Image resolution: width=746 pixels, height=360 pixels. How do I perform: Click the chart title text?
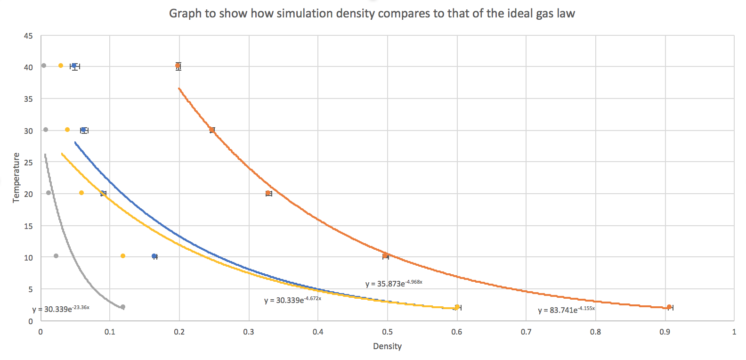coord(372,13)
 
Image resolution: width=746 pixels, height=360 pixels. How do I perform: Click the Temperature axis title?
coord(16,178)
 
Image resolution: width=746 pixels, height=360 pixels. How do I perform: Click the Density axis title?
coord(387,346)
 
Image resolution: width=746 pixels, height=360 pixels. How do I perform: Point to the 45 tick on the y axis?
coord(28,36)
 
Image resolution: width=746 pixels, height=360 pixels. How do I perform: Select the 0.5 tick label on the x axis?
coord(387,332)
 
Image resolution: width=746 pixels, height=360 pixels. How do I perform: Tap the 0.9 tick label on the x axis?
coord(665,332)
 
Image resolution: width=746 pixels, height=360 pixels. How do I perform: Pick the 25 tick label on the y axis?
coord(28,163)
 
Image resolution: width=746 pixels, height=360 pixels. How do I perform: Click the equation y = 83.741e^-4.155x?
coord(566,310)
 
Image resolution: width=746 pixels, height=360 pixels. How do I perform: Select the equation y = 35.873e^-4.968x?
coord(394,284)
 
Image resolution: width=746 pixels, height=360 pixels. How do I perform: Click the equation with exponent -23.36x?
coord(61,309)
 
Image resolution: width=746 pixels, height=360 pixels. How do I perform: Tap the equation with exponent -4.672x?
coord(292,300)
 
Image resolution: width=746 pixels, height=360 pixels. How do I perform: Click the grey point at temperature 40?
coord(44,65)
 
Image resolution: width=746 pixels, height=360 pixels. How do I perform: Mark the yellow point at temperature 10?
coord(123,256)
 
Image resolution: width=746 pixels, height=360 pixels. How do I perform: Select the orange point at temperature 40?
coord(178,66)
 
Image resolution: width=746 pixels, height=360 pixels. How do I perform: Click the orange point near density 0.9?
coord(669,307)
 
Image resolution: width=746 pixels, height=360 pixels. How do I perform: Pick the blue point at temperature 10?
coord(154,256)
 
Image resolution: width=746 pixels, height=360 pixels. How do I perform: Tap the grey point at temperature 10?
coord(56,256)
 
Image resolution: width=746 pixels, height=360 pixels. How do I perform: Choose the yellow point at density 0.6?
coord(457,307)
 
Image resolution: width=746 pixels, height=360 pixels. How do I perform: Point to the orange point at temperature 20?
coord(268,193)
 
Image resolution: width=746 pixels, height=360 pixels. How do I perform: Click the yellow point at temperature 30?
coord(67,130)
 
